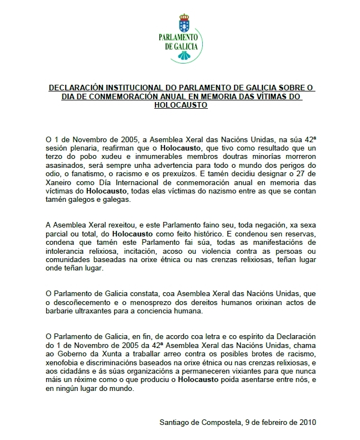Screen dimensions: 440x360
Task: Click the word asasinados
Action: (63, 166)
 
